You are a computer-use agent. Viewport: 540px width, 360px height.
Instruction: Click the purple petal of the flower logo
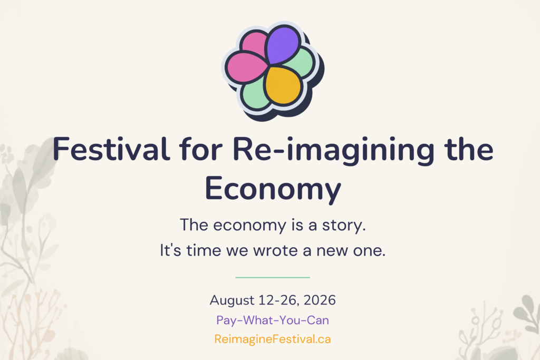coord(283,44)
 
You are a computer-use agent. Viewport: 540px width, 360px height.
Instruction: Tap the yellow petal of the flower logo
coord(283,85)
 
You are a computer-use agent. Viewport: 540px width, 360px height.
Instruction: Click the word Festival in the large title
coord(111,149)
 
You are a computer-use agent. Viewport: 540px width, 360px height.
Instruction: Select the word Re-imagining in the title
coord(333,151)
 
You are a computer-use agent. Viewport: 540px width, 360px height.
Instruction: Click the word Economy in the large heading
coord(273,189)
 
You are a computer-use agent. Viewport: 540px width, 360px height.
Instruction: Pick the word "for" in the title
coord(201,149)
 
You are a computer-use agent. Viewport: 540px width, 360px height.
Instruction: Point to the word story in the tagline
coord(344,226)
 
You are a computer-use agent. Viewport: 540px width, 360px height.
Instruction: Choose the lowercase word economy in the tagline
coord(249,226)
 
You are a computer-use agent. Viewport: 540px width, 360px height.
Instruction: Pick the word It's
coord(170,250)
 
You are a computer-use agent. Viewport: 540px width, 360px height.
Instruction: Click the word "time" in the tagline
coord(204,250)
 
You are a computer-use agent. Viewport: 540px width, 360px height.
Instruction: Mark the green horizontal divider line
coord(273,277)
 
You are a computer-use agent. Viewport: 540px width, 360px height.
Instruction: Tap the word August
coord(232,301)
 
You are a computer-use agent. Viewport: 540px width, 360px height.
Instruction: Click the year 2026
coord(320,300)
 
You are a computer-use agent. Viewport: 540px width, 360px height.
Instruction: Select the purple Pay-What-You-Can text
coord(273,320)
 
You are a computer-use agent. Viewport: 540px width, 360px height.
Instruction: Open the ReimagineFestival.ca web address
coord(273,339)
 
